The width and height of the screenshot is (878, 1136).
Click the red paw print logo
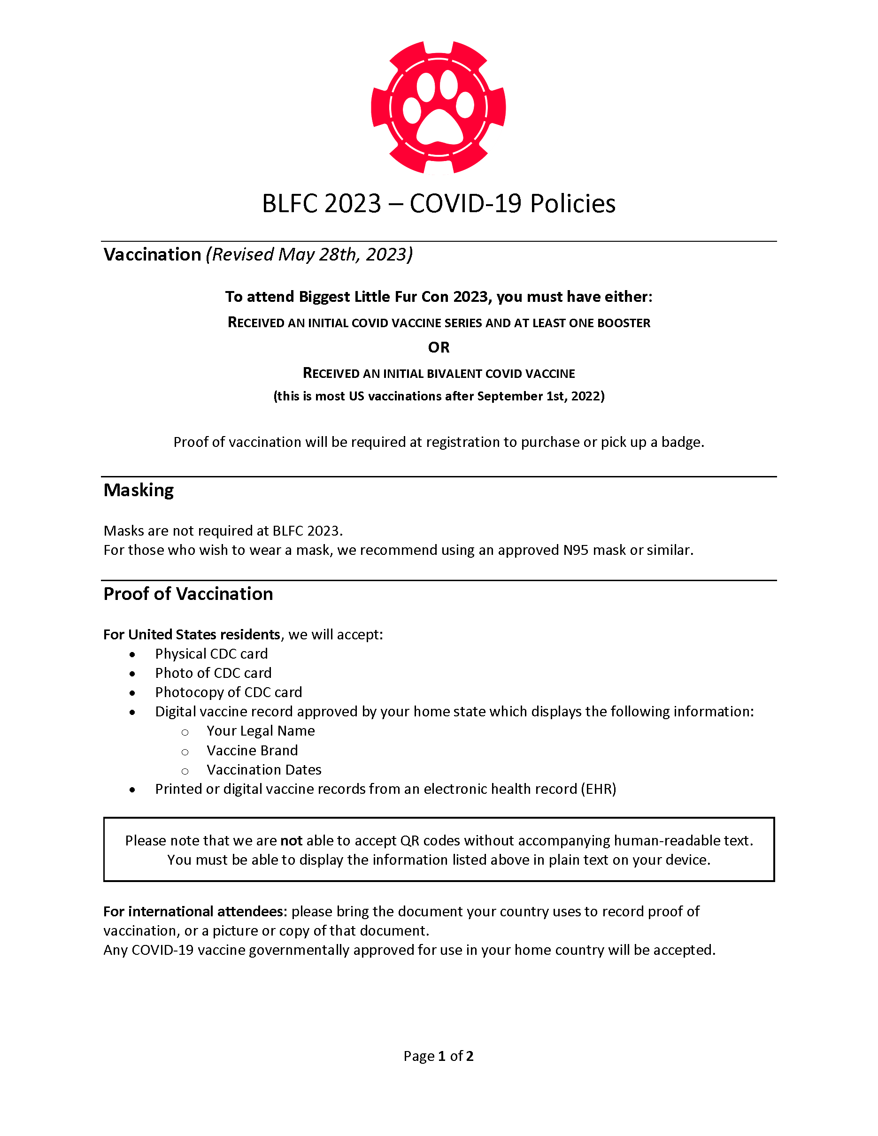(439, 107)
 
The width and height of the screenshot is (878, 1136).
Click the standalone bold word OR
(439, 347)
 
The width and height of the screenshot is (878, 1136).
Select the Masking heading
(139, 491)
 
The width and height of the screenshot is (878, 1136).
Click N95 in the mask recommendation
(576, 550)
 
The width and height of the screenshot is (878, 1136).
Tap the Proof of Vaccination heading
(188, 594)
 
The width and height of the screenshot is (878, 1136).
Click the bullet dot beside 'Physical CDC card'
(132, 655)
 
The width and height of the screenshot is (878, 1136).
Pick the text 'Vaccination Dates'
(264, 770)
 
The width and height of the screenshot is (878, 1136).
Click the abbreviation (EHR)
(598, 790)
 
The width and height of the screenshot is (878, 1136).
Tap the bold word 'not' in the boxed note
(291, 841)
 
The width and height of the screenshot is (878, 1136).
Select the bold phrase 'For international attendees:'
(195, 912)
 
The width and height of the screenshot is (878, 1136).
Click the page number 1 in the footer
(442, 1056)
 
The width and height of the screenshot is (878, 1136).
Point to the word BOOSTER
(624, 323)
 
